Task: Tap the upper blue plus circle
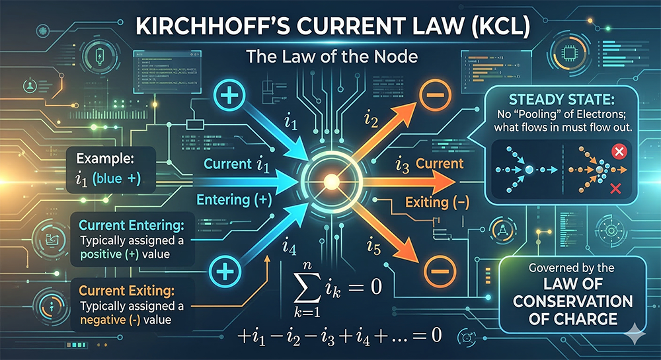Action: click(228, 97)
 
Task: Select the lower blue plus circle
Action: click(222, 271)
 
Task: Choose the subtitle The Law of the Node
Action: click(332, 57)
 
